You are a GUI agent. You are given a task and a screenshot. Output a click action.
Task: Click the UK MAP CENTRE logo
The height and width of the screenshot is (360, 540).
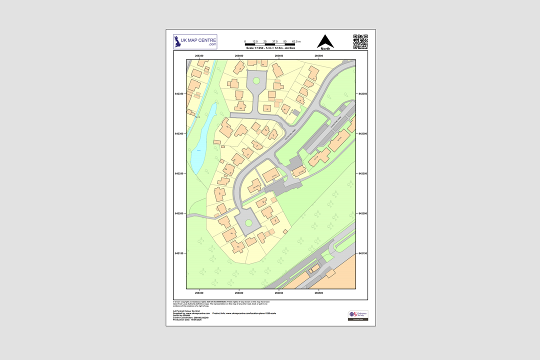pyautogui.click(x=195, y=41)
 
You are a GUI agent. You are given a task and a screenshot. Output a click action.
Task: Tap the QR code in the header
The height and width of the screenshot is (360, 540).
pyautogui.click(x=360, y=41)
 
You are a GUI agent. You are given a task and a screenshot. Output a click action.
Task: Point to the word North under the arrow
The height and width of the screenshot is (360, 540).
pyautogui.click(x=325, y=48)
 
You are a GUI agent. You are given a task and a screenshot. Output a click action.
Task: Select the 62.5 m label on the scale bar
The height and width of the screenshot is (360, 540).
pyautogui.click(x=296, y=41)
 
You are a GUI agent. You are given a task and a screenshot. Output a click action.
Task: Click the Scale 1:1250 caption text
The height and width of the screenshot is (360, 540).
pyautogui.click(x=270, y=48)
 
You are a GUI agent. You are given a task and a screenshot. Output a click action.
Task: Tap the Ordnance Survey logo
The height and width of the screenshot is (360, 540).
pyautogui.click(x=358, y=315)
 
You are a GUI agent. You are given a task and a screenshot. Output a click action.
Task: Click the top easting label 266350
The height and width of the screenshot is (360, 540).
pyautogui.click(x=199, y=56)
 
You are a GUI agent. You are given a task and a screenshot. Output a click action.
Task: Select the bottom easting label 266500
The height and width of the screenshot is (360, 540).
pyautogui.click(x=319, y=292)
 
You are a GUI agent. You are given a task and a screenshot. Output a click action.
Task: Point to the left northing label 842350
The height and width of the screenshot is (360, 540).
pyautogui.click(x=179, y=94)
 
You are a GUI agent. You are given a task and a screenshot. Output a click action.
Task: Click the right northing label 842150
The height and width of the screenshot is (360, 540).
pyautogui.click(x=363, y=253)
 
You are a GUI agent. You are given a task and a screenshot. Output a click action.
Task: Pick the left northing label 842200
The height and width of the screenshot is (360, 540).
pyautogui.click(x=179, y=213)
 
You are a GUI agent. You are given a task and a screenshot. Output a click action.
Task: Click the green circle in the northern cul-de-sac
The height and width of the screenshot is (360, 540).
pyautogui.click(x=256, y=80)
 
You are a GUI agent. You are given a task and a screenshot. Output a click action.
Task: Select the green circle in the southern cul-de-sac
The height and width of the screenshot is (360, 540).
pyautogui.click(x=248, y=223)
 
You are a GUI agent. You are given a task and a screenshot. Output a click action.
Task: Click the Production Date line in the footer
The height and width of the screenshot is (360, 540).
pyautogui.click(x=187, y=319)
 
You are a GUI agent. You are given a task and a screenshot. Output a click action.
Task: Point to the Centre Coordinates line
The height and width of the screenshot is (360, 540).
pyautogui.click(x=190, y=317)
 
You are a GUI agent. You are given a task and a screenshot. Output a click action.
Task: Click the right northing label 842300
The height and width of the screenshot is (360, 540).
pyautogui.click(x=363, y=134)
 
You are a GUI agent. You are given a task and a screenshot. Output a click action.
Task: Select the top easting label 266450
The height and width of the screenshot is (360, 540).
pyautogui.click(x=279, y=56)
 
